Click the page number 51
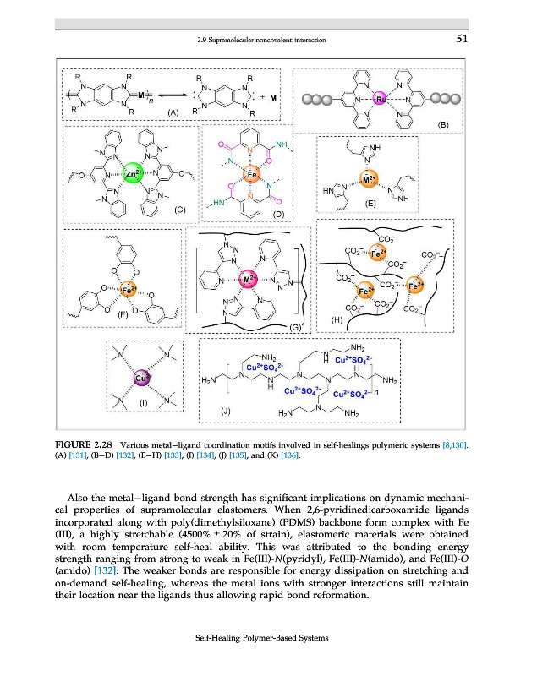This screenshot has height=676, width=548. (x=462, y=38)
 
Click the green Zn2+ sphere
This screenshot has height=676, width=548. (x=132, y=175)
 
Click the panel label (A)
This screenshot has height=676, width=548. (x=173, y=112)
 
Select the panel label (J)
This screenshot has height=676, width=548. (x=225, y=411)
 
